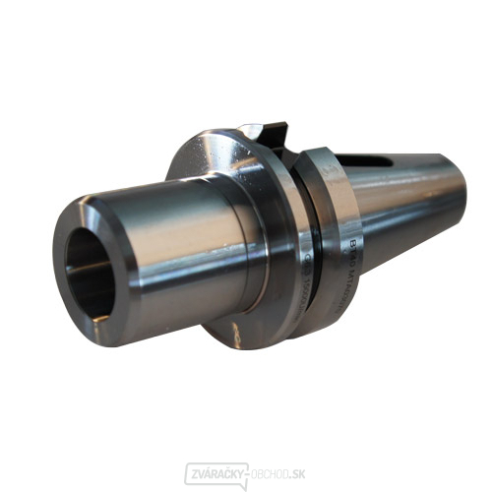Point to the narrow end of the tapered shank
455,197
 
